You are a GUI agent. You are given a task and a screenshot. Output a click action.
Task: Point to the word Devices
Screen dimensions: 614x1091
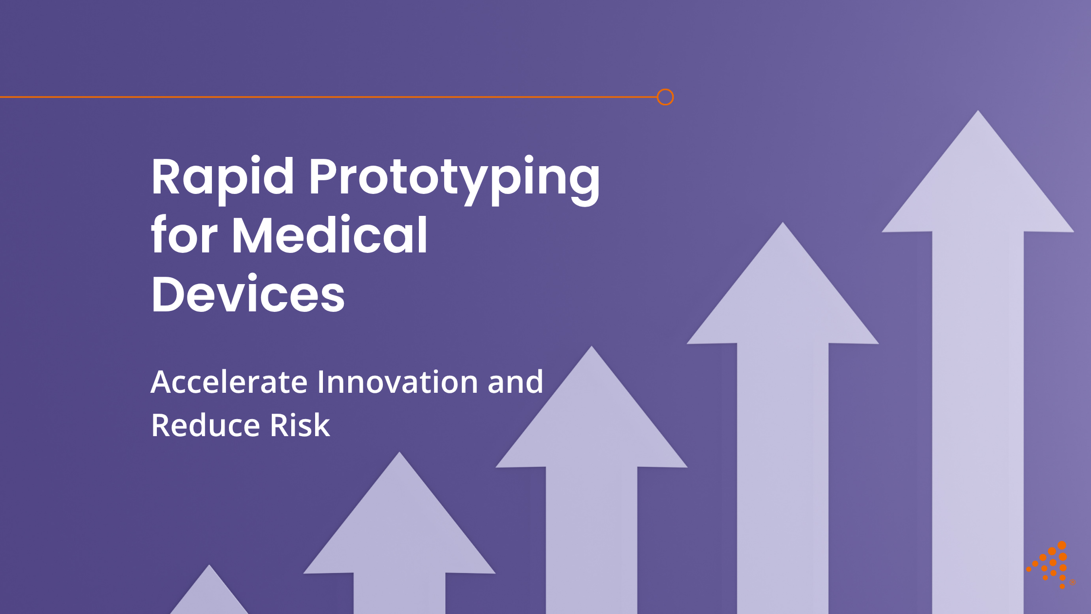point(248,294)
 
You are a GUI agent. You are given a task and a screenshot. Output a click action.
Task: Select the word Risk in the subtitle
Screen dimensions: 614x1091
point(300,425)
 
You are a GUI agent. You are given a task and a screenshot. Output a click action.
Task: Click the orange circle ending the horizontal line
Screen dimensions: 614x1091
point(665,97)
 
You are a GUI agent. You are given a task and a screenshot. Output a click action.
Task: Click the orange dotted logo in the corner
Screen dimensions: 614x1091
point(1050,565)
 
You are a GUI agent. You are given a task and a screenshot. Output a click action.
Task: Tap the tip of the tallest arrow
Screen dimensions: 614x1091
point(978,117)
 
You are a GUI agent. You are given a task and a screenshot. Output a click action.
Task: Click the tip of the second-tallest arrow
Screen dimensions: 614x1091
point(783,229)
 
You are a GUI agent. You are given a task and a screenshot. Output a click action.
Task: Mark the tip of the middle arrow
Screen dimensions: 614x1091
point(591,353)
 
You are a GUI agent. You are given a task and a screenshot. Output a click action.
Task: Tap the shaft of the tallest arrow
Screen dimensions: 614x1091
point(978,414)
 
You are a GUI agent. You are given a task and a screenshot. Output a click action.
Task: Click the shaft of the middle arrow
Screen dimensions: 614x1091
point(591,536)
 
